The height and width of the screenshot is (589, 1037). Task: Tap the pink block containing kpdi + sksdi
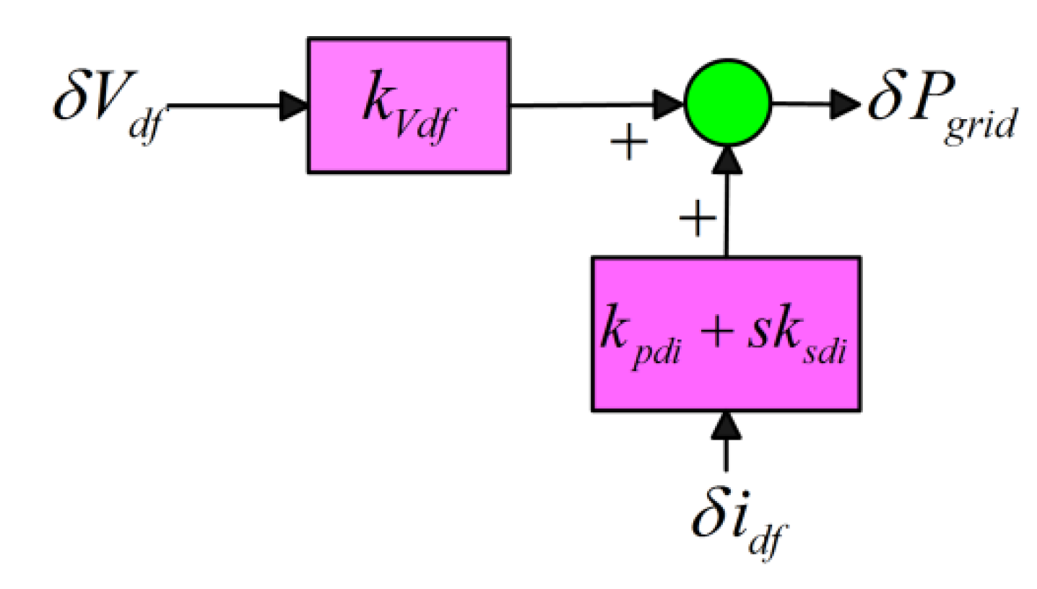pyautogui.click(x=726, y=334)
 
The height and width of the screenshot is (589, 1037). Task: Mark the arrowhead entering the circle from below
pyautogui.click(x=726, y=157)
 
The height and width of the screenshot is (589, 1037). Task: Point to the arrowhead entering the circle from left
pyautogui.click(x=669, y=105)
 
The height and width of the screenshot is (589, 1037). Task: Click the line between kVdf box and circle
pyautogui.click(x=578, y=105)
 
